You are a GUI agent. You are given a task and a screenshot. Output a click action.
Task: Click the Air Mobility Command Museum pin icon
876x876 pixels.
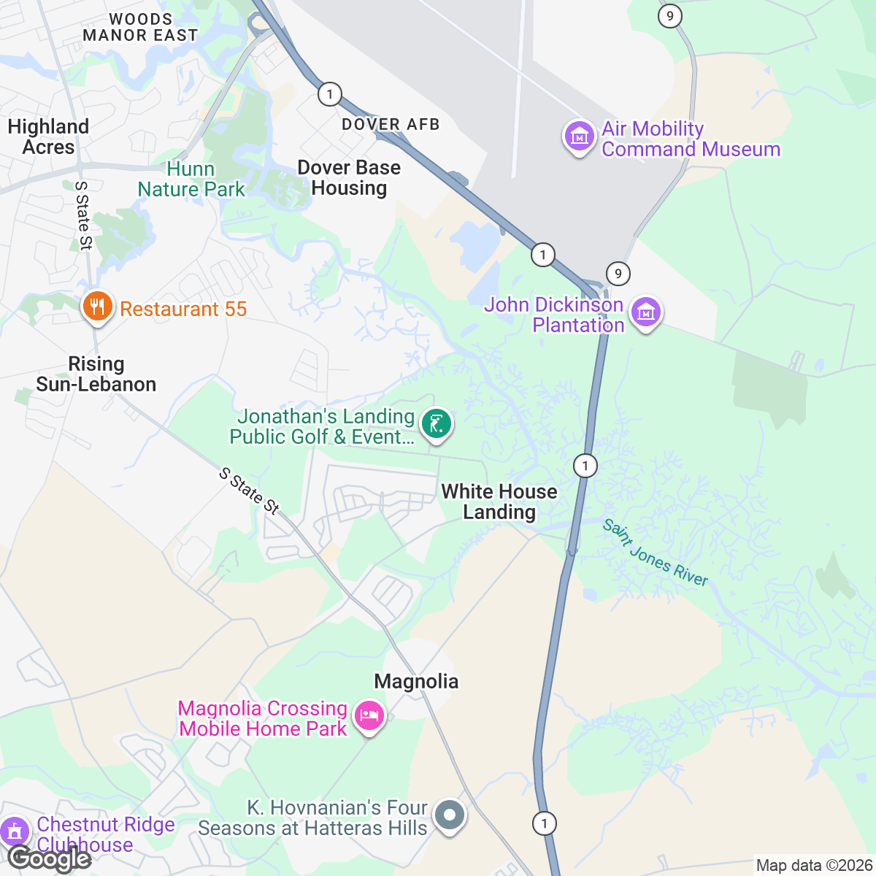tap(579, 137)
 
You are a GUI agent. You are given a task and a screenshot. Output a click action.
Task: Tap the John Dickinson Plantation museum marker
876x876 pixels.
tap(646, 312)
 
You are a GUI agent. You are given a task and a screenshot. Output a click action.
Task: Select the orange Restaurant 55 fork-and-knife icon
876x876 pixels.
tap(96, 307)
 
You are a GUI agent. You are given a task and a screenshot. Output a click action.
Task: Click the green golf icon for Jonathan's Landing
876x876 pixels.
tap(437, 424)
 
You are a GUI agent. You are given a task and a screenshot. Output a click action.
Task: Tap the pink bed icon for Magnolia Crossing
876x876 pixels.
tap(369, 716)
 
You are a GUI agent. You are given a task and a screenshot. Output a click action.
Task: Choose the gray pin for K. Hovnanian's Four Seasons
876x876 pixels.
tap(449, 815)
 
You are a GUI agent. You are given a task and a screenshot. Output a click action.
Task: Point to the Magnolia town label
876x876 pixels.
tap(416, 682)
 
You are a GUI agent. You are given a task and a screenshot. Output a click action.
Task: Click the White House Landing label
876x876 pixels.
tap(499, 502)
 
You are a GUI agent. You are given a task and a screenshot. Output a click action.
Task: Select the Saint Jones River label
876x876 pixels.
tap(655, 553)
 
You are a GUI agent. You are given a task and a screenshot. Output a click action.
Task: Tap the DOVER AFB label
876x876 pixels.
tap(391, 125)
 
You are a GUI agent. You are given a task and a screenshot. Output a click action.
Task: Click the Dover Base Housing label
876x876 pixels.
tap(349, 177)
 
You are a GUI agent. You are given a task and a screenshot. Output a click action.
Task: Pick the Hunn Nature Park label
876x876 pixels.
tap(191, 179)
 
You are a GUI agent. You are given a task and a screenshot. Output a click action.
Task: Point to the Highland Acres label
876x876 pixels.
tap(48, 137)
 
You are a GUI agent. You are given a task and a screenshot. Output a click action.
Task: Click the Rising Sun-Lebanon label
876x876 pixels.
tap(96, 374)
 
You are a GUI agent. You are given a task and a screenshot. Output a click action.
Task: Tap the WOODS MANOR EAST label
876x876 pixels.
tap(140, 27)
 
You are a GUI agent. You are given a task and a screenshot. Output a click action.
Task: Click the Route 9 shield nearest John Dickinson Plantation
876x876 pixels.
tap(618, 274)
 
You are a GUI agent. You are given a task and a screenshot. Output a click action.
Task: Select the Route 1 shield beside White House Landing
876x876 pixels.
tap(585, 465)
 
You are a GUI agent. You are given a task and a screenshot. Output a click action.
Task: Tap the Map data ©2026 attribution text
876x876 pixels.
tap(813, 866)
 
